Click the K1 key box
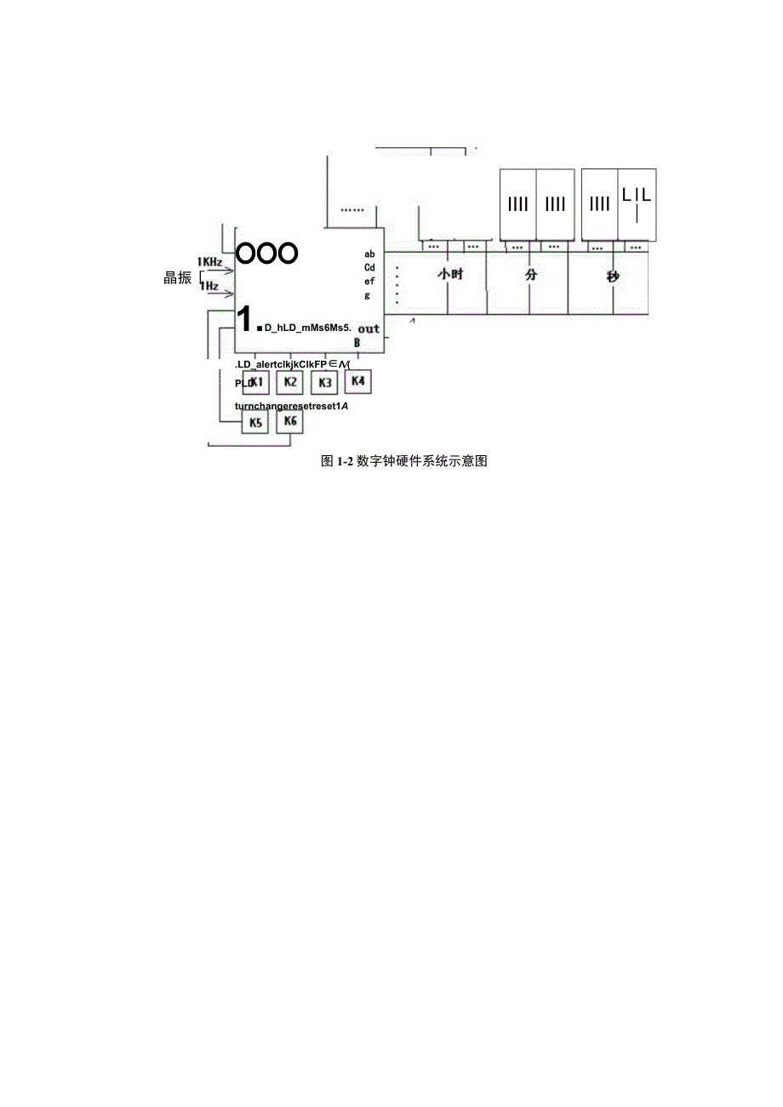[256, 383]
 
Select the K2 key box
[290, 382]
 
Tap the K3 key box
[324, 383]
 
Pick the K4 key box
[358, 381]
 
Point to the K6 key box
[290, 422]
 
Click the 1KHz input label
[209, 261]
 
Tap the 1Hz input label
[209, 286]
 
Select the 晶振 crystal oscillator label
[177, 278]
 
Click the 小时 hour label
[450, 276]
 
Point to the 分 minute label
[533, 276]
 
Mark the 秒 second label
[613, 277]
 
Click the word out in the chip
[369, 328]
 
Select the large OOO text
[266, 253]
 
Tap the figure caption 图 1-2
[403, 461]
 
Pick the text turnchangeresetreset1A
[292, 406]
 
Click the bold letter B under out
[357, 343]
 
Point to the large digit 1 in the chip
[243, 319]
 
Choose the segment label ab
[369, 254]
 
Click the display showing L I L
[637, 204]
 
